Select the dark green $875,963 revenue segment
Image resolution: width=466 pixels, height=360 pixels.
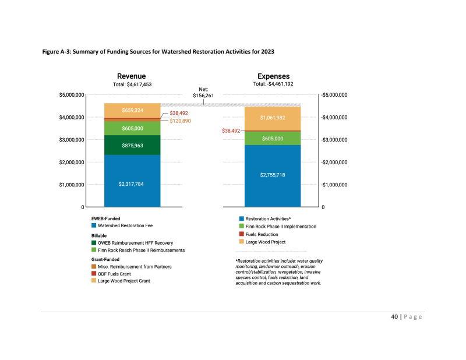pos(132,145)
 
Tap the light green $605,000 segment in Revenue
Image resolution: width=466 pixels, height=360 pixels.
pos(132,128)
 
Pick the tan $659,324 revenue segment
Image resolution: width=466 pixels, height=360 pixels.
pos(132,110)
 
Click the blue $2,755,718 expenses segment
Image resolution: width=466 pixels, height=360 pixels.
pos(273,175)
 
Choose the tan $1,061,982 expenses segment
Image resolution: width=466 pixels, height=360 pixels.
pos(273,118)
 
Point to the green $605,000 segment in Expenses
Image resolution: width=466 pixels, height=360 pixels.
pos(273,139)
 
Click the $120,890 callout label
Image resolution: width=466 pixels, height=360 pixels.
pos(180,121)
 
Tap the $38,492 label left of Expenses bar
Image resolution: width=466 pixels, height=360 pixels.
pos(231,131)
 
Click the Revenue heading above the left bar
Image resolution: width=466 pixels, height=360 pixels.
pos(132,76)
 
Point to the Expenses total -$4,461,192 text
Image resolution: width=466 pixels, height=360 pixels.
pos(273,84)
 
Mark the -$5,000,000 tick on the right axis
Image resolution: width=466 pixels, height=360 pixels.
pos(334,95)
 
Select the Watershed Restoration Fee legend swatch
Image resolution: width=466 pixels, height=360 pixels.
pos(94,225)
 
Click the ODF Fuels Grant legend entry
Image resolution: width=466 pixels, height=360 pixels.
pos(114,273)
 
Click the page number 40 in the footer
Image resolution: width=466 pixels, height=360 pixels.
pos(394,317)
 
